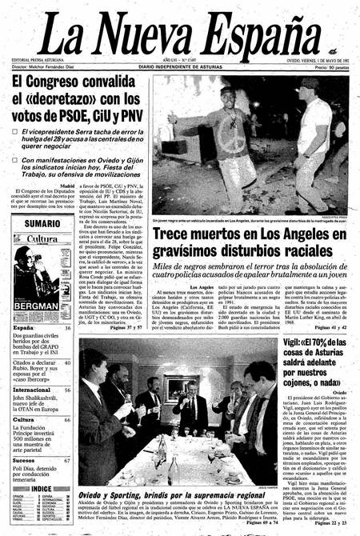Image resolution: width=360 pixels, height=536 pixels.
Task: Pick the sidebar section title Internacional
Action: point(32,390)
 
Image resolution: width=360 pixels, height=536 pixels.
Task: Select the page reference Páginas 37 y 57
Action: point(124,328)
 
